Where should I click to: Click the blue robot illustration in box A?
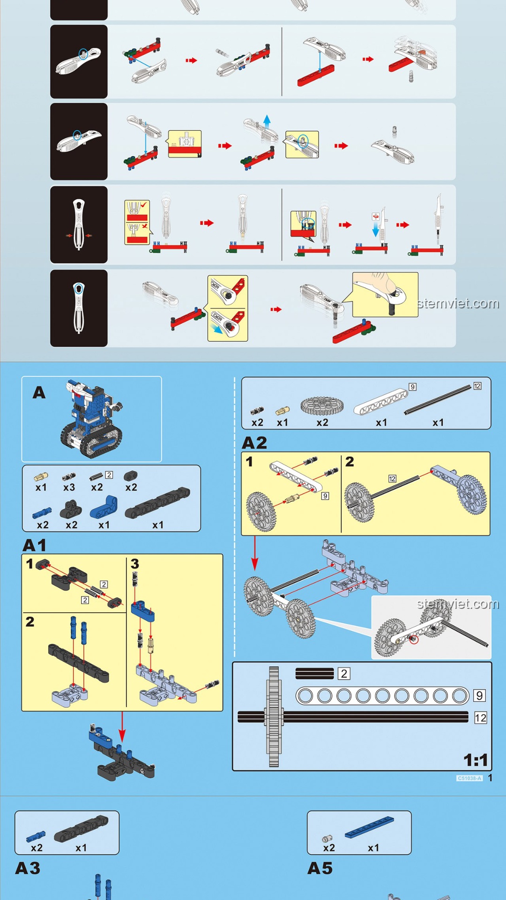(x=92, y=418)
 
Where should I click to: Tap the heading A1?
(x=35, y=545)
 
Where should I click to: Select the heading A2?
(x=254, y=443)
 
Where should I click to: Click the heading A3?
(x=28, y=868)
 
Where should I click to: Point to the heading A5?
(x=320, y=868)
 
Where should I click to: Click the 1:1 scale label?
(x=476, y=760)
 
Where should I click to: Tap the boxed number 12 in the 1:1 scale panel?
(x=480, y=718)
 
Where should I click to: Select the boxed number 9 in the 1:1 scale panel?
(x=479, y=695)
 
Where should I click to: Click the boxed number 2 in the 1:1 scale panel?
(x=344, y=674)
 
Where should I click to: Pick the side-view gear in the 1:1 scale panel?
(x=274, y=716)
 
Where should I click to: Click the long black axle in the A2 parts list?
(x=438, y=399)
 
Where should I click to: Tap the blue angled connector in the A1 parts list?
(x=104, y=508)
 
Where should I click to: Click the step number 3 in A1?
(x=135, y=564)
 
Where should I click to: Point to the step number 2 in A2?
(x=350, y=462)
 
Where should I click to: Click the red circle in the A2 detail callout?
(x=414, y=639)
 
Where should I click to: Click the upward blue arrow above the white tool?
(x=267, y=120)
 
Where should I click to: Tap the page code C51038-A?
(x=469, y=778)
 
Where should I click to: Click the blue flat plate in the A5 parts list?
(x=369, y=828)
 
